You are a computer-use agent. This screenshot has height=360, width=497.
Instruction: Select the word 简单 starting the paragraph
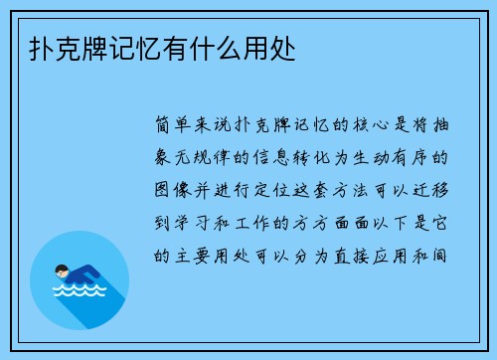175,128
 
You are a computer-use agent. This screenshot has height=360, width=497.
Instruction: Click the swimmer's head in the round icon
62,270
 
